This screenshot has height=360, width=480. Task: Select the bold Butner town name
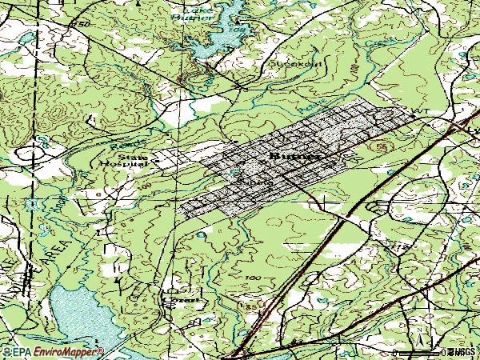coord(297,157)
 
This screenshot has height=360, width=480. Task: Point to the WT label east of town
coord(416,111)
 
